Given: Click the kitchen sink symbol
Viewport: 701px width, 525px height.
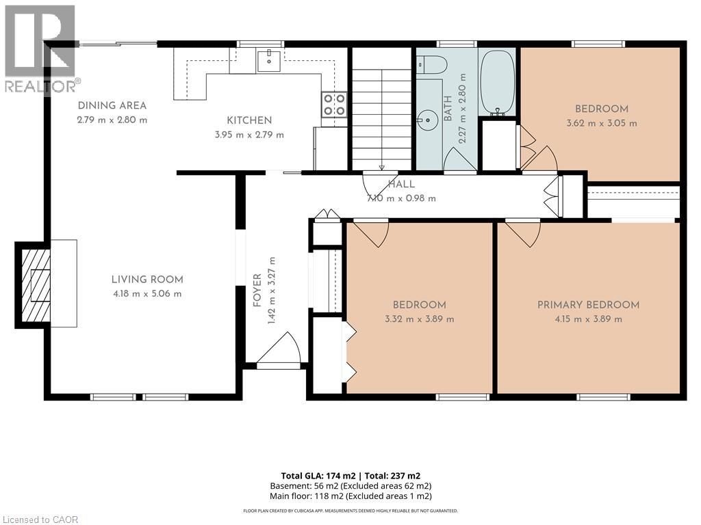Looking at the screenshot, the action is (x=268, y=61).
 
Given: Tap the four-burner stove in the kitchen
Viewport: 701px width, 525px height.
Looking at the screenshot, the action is (x=334, y=105).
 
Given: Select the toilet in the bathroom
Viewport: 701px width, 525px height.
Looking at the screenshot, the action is (x=432, y=66).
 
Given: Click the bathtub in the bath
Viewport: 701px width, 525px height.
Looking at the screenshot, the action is (x=497, y=83).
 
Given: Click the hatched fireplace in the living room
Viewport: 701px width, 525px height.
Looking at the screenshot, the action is (x=34, y=285).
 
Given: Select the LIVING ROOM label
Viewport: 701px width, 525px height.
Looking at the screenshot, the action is (x=147, y=280).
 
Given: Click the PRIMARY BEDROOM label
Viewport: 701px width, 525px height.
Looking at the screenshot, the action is (x=588, y=305).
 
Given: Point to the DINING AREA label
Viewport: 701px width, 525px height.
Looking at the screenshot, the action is (x=112, y=106).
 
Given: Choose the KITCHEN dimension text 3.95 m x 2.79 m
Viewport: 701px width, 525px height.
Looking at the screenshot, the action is (x=249, y=135).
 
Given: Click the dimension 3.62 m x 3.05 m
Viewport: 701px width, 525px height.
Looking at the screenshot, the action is (x=602, y=123).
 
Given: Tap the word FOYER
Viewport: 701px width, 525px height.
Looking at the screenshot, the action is (x=257, y=291).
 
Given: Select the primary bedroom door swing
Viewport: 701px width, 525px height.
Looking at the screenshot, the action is (x=523, y=233).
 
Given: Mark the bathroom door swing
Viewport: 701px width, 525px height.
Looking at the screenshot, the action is (x=460, y=159).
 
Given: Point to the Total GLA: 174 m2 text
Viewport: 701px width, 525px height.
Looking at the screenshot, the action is (x=318, y=476).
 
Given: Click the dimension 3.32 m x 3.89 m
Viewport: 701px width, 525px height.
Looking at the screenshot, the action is (x=420, y=319).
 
